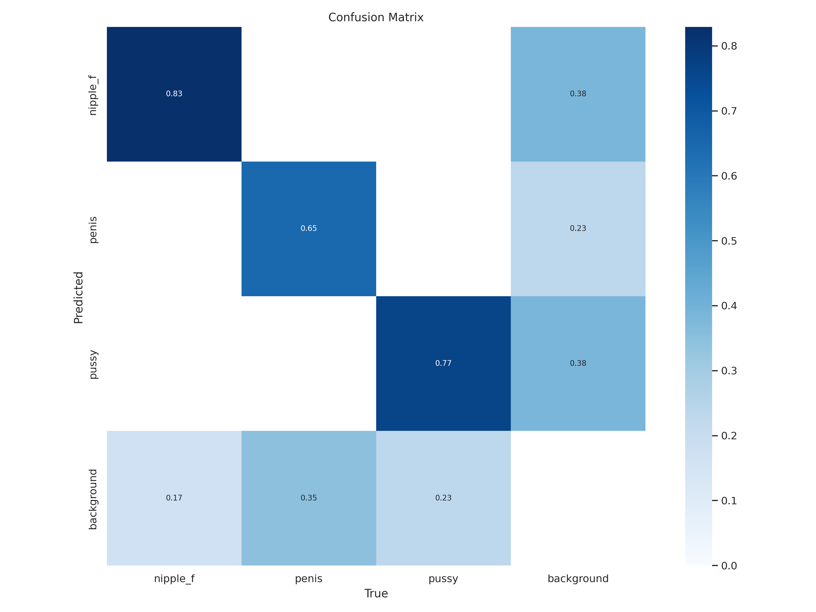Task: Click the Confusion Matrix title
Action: coord(376,17)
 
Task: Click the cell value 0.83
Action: coord(174,94)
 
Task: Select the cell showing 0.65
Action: coord(309,228)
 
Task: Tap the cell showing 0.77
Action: coord(443,363)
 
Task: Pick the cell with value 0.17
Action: coord(174,498)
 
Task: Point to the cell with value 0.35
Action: coord(309,498)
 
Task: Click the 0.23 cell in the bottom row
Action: coord(443,498)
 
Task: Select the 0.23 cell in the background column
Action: coord(578,228)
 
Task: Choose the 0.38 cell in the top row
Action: coord(578,94)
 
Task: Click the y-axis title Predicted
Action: coord(79,297)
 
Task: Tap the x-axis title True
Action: coord(376,594)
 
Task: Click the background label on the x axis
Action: coord(578,579)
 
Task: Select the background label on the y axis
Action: coord(93,499)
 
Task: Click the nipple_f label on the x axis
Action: coord(174,579)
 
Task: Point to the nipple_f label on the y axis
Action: coord(93,95)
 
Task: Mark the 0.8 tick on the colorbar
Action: coord(729,46)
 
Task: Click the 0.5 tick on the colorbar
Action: coord(729,241)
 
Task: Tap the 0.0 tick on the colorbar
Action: coord(729,566)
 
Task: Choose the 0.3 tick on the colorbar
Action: coord(729,371)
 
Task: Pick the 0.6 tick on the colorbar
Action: coord(729,176)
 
